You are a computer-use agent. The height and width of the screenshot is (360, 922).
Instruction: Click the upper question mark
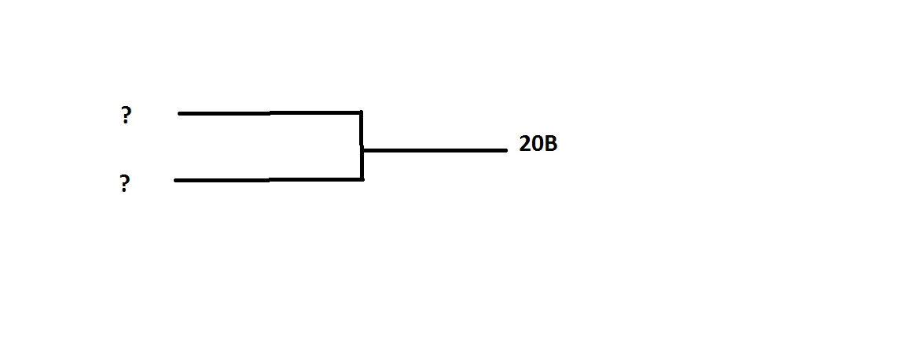[126, 116]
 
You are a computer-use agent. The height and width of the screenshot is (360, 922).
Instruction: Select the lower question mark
[125, 185]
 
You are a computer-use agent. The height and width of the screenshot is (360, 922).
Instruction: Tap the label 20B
[538, 145]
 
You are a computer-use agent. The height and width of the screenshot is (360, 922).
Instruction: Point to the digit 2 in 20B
[524, 145]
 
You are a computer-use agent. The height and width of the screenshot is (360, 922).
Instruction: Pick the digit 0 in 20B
[537, 145]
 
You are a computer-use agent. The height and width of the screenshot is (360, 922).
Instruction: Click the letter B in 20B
[550, 145]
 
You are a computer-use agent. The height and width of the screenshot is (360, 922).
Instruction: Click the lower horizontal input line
[268, 180]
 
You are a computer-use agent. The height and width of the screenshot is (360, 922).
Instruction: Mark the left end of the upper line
[180, 113]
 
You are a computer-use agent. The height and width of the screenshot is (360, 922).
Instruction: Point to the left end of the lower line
[176, 180]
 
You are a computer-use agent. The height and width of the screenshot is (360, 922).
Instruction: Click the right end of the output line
[505, 149]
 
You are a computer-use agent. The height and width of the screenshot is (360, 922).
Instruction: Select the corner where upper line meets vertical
[361, 113]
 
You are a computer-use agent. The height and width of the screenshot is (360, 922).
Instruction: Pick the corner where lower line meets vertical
[362, 179]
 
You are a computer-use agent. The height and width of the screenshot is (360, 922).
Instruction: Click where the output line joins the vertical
[362, 149]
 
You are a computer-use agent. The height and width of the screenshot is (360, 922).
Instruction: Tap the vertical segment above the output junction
[361, 130]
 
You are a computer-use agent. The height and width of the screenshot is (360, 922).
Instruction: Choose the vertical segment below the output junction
[362, 165]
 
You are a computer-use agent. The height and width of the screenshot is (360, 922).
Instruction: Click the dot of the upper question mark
[126, 123]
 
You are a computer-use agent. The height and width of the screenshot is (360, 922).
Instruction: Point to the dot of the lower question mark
[124, 192]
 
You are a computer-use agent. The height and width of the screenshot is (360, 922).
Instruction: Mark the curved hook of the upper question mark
[127, 112]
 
